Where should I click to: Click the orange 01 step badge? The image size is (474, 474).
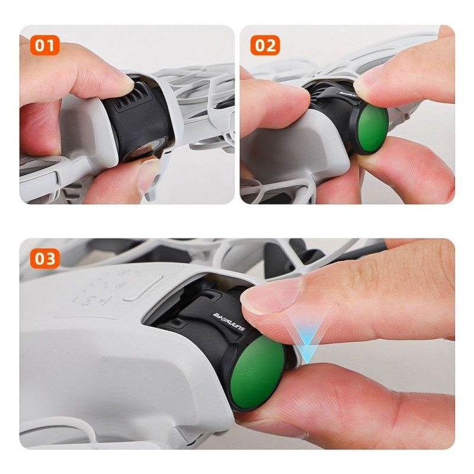pos(44,46)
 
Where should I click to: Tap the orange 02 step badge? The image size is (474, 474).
pos(265,46)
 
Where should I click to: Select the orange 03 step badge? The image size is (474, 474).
pos(44,259)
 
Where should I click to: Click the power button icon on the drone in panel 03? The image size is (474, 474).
pos(88,301)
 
